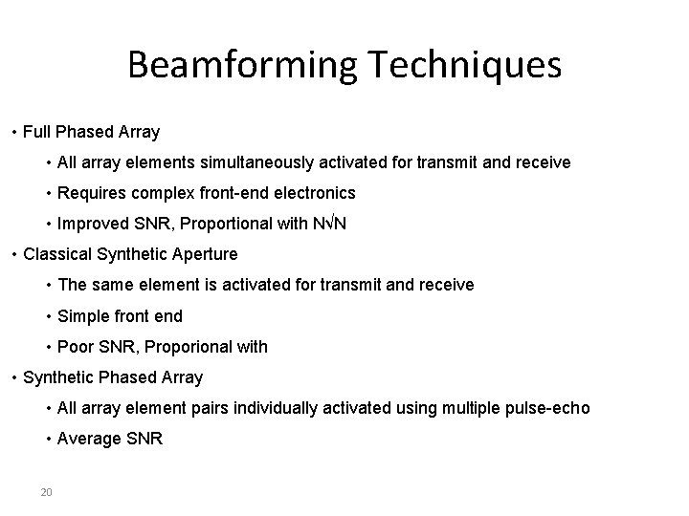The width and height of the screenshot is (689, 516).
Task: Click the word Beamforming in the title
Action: click(x=241, y=65)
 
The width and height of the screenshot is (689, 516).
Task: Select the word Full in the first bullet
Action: click(x=38, y=132)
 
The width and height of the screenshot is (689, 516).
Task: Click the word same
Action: click(x=111, y=285)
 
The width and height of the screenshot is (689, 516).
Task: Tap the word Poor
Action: click(x=76, y=346)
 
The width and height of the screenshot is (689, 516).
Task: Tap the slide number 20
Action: click(x=46, y=492)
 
